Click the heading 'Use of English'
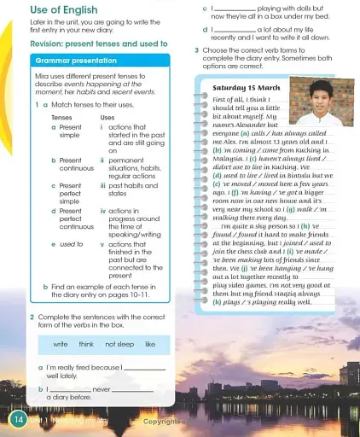65,9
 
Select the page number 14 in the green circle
17,420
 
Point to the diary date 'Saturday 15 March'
247,89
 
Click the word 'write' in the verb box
60,345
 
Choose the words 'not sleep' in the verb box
120,345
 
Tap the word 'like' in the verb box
150,345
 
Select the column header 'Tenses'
61,117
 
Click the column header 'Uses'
107,117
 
